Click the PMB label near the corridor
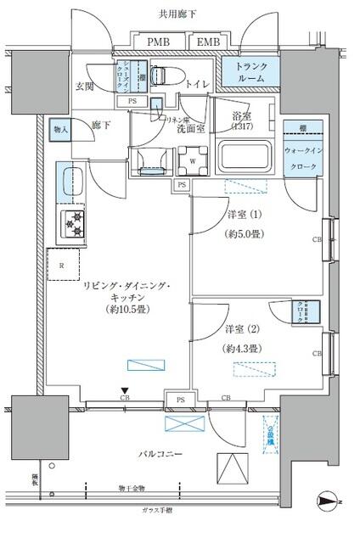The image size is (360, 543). tap(158, 42)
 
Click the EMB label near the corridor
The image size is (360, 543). tap(206, 42)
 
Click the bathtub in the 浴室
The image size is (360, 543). tap(244, 157)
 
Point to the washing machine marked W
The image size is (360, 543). tap(194, 158)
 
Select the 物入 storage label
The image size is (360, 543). tap(60, 129)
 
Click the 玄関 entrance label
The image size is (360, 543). tap(85, 87)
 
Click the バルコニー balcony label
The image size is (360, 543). tap(161, 456)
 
